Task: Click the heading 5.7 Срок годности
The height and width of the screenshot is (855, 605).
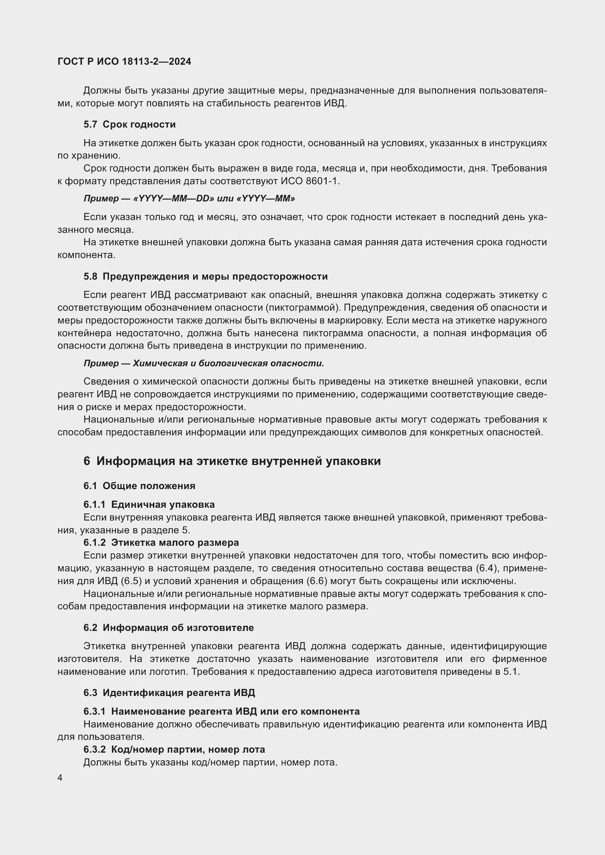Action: pos(129,124)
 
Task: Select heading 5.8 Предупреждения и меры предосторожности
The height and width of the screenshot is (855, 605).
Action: pos(205,276)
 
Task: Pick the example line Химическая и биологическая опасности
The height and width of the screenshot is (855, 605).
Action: pos(228,363)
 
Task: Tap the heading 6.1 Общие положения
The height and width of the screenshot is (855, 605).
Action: pos(139,485)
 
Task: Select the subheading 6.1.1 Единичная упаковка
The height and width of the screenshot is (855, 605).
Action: pos(149,504)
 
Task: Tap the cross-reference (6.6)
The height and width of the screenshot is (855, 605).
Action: pos(317,581)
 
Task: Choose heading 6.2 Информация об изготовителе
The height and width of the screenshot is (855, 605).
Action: pos(168,628)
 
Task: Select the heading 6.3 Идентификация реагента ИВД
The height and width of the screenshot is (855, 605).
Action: pos(169,693)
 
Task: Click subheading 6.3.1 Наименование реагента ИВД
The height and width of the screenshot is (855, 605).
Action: pos(221,711)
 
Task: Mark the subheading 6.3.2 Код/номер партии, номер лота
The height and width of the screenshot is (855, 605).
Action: pos(174,749)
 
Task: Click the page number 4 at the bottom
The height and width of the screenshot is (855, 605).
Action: pos(60,778)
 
